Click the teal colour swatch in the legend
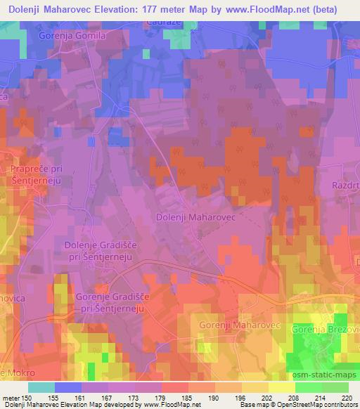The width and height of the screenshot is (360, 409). coord(41,387)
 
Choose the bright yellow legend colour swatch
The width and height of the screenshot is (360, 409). coord(281,387)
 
